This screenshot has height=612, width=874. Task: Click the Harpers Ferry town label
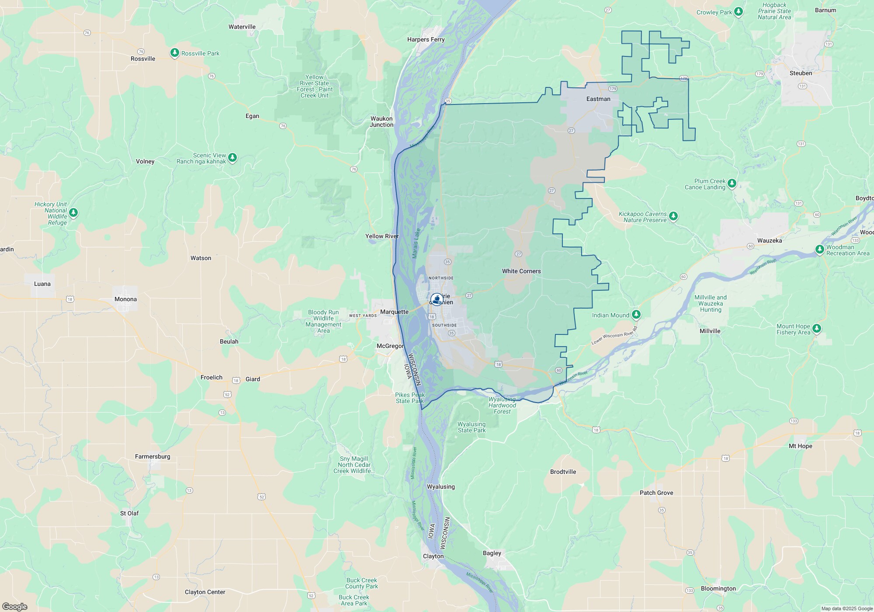point(426,39)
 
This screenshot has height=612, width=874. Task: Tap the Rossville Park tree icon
point(175,53)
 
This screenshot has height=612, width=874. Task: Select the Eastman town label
point(598,99)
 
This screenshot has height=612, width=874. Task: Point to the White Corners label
point(521,271)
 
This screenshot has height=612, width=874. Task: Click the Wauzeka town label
point(770,240)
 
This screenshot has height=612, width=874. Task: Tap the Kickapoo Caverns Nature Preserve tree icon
point(673,216)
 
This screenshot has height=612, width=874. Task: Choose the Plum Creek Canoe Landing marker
point(732,183)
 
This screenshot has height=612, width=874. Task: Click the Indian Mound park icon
point(636,314)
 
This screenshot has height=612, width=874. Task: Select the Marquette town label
point(394,312)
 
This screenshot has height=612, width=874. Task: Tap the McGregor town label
point(390,346)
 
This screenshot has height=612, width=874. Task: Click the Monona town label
point(125,299)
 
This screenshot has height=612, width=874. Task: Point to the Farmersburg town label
point(153,456)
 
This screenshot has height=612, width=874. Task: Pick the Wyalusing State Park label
point(472,427)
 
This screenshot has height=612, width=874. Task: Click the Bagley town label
point(492,553)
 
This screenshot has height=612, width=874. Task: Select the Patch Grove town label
point(656,493)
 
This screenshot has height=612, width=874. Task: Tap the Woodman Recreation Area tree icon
point(820,249)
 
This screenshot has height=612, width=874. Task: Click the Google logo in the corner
point(14,607)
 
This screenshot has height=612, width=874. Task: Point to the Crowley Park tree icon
point(739,11)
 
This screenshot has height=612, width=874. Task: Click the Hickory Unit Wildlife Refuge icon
point(73,212)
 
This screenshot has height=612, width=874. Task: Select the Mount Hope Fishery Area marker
point(817,328)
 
